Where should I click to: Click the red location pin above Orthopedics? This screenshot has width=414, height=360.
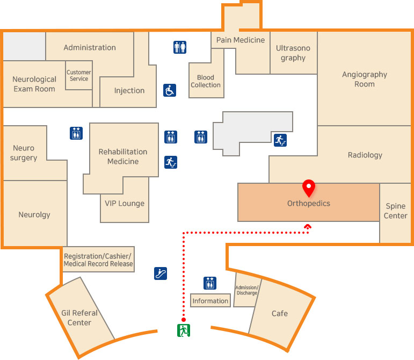pyautogui.click(x=308, y=188)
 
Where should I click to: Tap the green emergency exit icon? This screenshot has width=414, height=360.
pyautogui.click(x=184, y=330)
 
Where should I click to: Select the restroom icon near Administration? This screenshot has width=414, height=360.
pyautogui.click(x=180, y=47)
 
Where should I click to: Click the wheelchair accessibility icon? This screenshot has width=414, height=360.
pyautogui.click(x=170, y=90)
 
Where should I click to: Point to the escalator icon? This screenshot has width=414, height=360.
pyautogui.click(x=160, y=273)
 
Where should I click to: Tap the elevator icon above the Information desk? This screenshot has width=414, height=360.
pyautogui.click(x=210, y=283)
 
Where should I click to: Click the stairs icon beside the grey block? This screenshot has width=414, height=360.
pyautogui.click(x=280, y=140)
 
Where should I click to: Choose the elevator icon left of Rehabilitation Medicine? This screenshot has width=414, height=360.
pyautogui.click(x=76, y=133)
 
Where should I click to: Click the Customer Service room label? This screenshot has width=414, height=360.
pyautogui.click(x=79, y=76)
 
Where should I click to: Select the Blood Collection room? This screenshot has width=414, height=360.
pyautogui.click(x=206, y=81)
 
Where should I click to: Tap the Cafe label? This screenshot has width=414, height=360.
pyautogui.click(x=279, y=313)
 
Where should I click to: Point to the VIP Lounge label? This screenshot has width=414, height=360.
pyautogui.click(x=125, y=203)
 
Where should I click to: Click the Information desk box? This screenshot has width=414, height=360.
pyautogui.click(x=210, y=301)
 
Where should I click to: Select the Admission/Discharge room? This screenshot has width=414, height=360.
pyautogui.click(x=247, y=290)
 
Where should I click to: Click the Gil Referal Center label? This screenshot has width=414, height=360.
pyautogui.click(x=79, y=318)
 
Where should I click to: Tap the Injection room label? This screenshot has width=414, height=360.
pyautogui.click(x=129, y=90)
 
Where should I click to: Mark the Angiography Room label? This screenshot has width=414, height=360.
pyautogui.click(x=365, y=80)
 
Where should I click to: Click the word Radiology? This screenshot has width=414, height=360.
pyautogui.click(x=365, y=155)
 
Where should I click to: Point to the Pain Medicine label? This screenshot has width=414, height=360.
pyautogui.click(x=241, y=40)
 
